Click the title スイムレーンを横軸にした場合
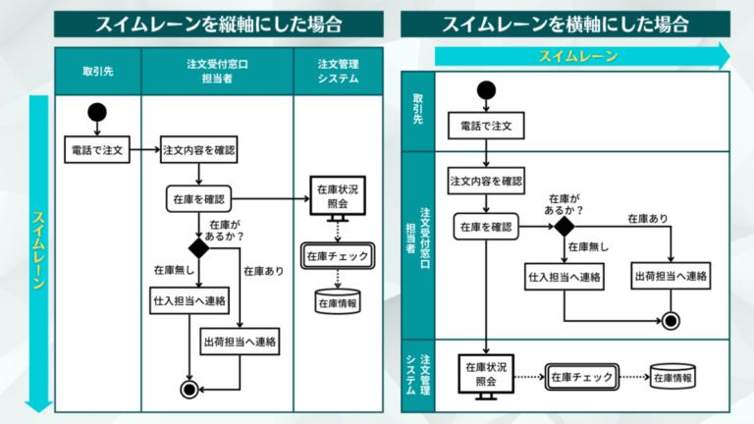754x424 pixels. (x=564, y=24)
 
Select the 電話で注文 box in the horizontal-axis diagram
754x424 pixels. (x=486, y=126)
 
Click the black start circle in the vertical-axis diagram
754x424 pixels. (x=96, y=111)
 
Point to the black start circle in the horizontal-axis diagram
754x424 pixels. (x=486, y=91)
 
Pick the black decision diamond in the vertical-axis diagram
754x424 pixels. (x=199, y=248)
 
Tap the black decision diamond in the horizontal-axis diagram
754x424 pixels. (x=564, y=227)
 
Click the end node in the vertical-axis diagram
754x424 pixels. (x=188, y=389)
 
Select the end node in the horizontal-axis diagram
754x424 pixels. (x=672, y=320)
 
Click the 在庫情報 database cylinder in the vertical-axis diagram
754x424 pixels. (x=337, y=301)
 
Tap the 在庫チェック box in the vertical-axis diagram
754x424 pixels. (x=337, y=256)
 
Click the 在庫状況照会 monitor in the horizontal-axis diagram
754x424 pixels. (x=486, y=374)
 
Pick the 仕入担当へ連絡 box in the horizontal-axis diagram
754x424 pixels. (x=565, y=277)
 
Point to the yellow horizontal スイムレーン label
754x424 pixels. (x=577, y=56)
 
